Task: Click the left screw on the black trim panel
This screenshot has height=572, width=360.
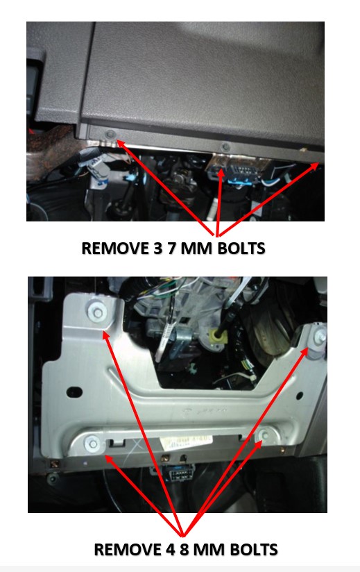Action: [110, 134]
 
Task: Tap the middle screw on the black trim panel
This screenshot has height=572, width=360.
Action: [226, 146]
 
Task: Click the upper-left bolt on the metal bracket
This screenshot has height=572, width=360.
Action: [98, 312]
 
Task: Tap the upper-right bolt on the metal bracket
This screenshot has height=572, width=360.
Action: [320, 337]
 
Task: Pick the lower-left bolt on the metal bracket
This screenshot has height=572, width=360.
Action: [92, 444]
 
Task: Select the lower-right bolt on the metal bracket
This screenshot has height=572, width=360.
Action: [265, 435]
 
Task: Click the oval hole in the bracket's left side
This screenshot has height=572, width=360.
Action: [74, 392]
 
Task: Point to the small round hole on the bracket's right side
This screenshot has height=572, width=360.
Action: [300, 396]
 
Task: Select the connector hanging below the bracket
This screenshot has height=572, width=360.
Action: [178, 473]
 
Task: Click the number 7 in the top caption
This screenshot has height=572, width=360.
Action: [172, 249]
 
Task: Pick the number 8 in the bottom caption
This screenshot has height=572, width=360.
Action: [185, 550]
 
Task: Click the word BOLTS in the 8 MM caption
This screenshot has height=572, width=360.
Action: [255, 550]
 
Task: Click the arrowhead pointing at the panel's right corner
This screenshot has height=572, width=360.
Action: [315, 167]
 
